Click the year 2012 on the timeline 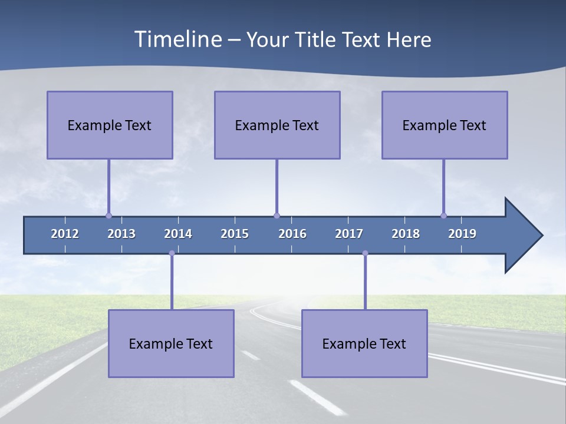65,234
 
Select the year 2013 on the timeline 121,234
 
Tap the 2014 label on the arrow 178,234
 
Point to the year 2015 235,234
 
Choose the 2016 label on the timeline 292,234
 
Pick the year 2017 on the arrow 349,234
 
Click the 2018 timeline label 406,234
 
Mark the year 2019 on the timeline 462,234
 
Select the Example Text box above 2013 110,125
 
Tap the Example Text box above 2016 277,125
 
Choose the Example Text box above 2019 445,125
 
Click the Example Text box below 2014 171,343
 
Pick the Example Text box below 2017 364,343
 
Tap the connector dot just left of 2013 108,216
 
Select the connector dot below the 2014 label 172,253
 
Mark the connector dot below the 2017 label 365,253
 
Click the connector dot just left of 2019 443,216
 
